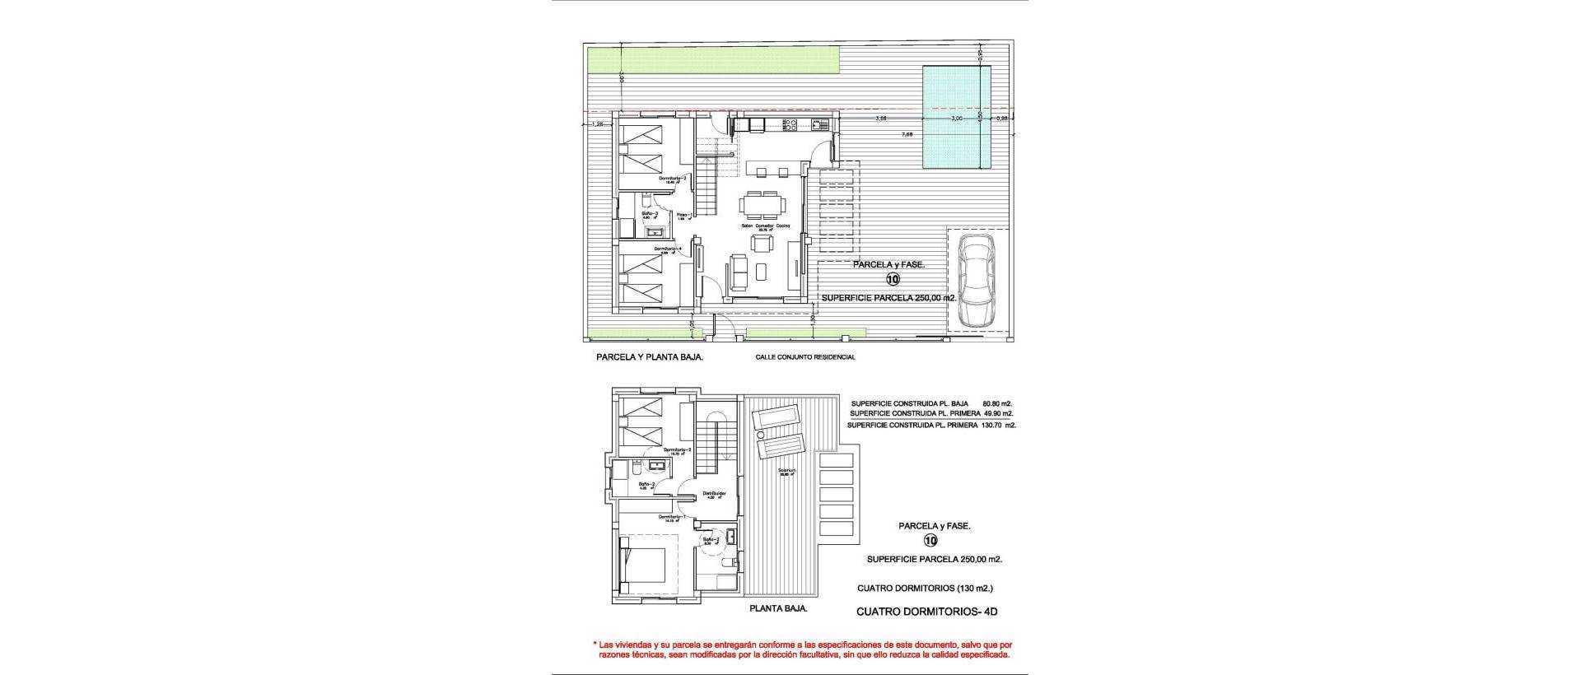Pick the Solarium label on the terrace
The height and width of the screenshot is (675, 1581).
[x=789, y=472]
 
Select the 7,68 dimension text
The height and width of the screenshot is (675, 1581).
[x=907, y=134]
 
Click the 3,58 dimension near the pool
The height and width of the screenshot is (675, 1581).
[x=881, y=119]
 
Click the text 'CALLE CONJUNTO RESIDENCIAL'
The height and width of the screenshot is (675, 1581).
[x=805, y=357]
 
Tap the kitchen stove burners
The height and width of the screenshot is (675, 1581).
[x=789, y=124]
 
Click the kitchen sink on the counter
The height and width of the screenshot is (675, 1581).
[x=820, y=124]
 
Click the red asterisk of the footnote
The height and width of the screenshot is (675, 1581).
[x=595, y=644]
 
